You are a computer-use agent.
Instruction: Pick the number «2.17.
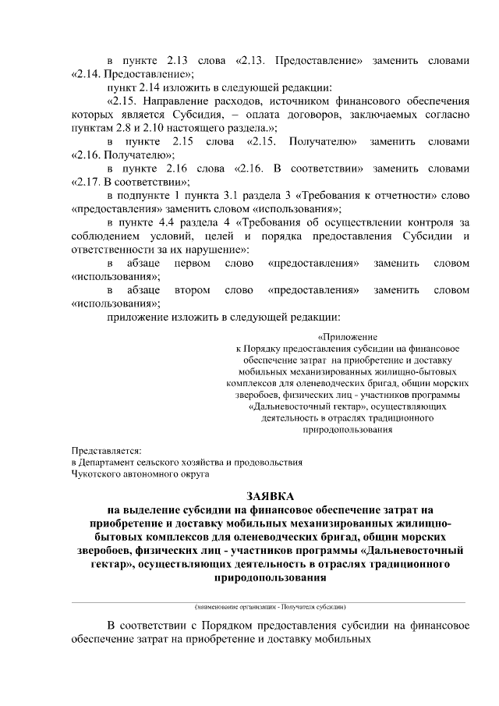(87, 183)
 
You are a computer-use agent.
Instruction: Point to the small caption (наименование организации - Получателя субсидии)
(270, 606)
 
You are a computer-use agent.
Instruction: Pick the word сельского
(176, 462)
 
